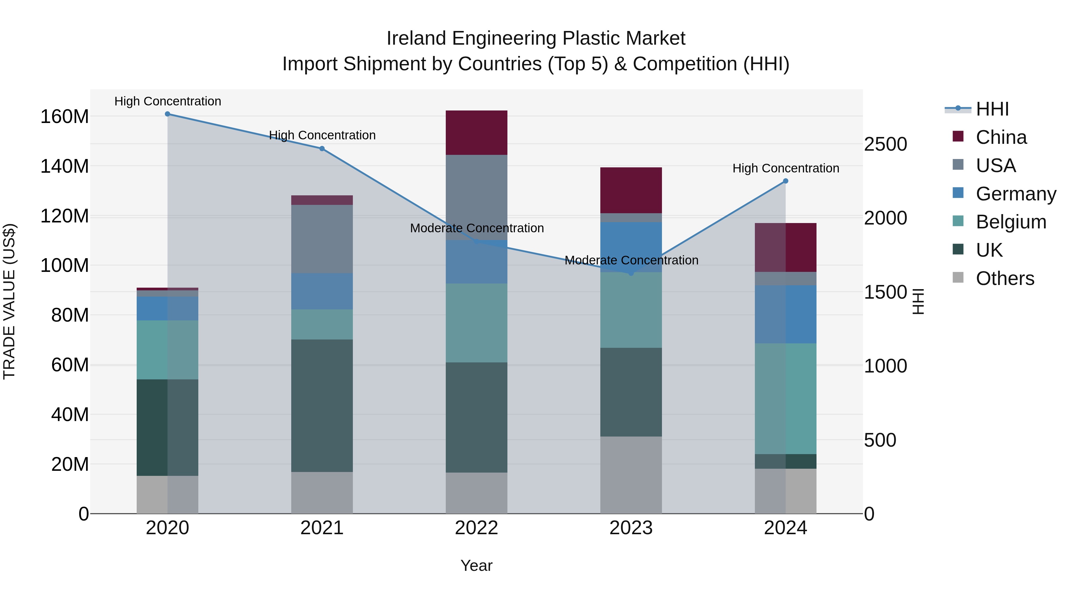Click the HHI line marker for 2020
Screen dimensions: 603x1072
pyautogui.click(x=167, y=114)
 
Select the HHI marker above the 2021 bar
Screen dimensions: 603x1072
pyautogui.click(x=322, y=149)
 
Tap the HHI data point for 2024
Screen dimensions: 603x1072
pyautogui.click(x=785, y=181)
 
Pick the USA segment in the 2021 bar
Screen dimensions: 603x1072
pyautogui.click(x=322, y=239)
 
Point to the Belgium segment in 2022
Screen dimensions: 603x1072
pyautogui.click(x=476, y=322)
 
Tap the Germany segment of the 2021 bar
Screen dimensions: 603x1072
pyautogui.click(x=322, y=291)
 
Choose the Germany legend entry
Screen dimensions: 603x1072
pyautogui.click(x=1015, y=194)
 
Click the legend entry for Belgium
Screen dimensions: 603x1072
pyautogui.click(x=1010, y=222)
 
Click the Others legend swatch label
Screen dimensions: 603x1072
pyautogui.click(x=1005, y=278)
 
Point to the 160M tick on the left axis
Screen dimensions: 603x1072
pyautogui.click(x=65, y=116)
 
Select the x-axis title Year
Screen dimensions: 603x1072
pyautogui.click(x=476, y=565)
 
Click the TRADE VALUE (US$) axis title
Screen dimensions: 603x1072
pyautogui.click(x=9, y=301)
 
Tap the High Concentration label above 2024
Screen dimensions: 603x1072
pyautogui.click(x=785, y=168)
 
